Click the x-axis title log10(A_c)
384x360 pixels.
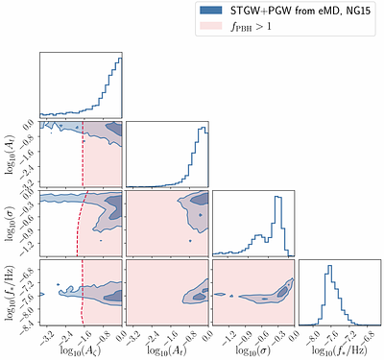click(81, 352)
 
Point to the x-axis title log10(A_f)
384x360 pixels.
click(167, 352)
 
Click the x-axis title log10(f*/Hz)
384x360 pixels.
click(340, 352)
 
